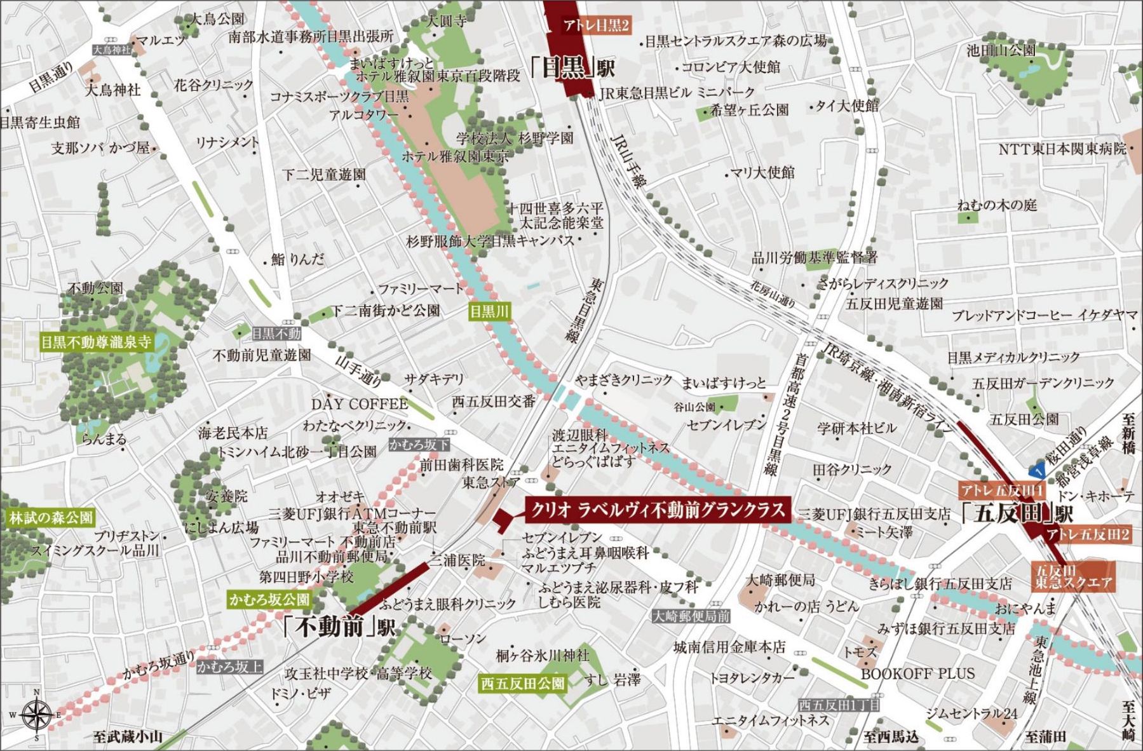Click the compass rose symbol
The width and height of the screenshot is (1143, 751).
click(x=37, y=715)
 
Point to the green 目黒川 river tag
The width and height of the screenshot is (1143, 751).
click(x=489, y=311)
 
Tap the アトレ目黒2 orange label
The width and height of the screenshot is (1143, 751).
click(x=596, y=26)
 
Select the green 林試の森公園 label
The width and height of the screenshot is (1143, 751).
click(x=51, y=518)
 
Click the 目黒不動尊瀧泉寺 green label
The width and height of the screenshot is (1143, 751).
click(x=96, y=342)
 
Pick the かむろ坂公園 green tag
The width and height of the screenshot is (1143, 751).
click(x=269, y=599)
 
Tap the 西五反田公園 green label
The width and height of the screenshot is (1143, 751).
click(x=522, y=683)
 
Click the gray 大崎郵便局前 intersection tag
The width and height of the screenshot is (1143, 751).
click(x=691, y=616)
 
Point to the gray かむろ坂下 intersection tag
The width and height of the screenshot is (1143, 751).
click(x=419, y=445)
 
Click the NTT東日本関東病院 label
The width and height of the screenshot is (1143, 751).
click(x=1062, y=149)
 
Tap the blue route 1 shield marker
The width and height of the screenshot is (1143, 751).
click(x=1038, y=471)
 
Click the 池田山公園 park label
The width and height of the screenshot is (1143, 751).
click(x=1001, y=50)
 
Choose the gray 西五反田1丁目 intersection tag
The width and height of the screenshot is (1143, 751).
click(x=839, y=705)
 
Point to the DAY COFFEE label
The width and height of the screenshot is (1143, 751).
click(x=359, y=404)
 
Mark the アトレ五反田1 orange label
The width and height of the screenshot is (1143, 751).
click(x=1001, y=490)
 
